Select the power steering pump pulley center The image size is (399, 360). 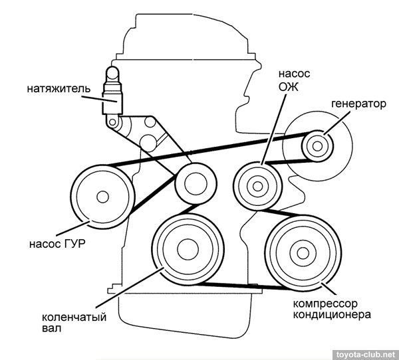click(x=102, y=197)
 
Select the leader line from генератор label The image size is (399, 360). click(x=340, y=119)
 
